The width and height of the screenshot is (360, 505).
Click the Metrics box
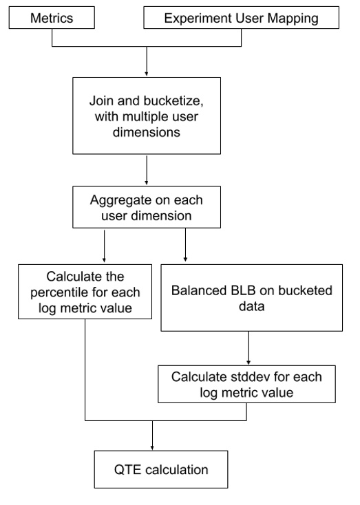pyautogui.click(x=52, y=19)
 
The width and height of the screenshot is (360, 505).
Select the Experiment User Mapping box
pyautogui.click(x=241, y=19)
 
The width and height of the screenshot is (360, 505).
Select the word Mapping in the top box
pyautogui.click(x=296, y=19)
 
